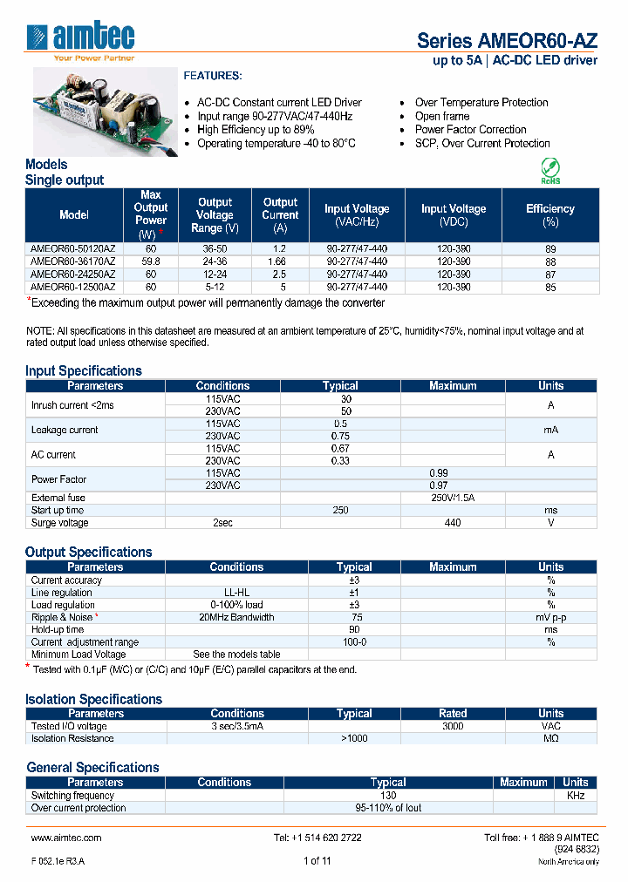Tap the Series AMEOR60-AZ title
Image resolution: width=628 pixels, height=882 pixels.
tap(507, 40)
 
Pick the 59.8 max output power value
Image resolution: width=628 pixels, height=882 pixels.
tap(151, 261)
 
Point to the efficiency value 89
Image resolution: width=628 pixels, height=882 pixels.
tap(549, 248)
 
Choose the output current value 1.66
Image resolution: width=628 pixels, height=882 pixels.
tap(280, 261)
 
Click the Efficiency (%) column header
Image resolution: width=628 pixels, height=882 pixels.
tap(549, 214)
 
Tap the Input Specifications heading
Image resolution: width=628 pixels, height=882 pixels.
tap(84, 370)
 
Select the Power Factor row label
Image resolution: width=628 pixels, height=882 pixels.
tap(58, 479)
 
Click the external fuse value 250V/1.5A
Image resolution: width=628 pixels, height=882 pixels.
tap(453, 498)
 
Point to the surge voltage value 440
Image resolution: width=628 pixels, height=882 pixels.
tap(453, 523)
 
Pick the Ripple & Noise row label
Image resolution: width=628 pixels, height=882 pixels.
tap(62, 617)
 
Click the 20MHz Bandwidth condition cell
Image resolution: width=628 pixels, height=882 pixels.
tap(235, 617)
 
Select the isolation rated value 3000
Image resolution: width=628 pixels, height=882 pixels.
tap(453, 726)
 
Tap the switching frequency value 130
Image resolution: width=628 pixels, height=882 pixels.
tap(388, 795)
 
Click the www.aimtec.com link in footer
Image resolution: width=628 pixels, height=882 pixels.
tap(66, 838)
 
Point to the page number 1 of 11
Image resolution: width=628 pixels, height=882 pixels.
tap(317, 861)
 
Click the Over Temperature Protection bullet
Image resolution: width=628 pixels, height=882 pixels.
tap(481, 103)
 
